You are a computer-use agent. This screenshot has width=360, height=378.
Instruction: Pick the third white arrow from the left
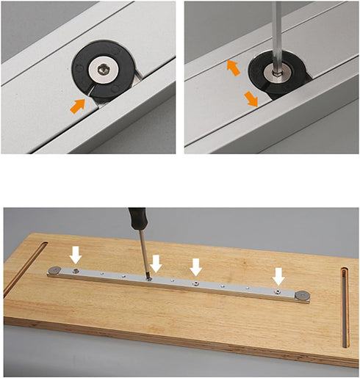[195, 266]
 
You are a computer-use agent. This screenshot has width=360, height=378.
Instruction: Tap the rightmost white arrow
[278, 277]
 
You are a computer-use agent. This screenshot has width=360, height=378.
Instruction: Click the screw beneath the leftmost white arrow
[76, 271]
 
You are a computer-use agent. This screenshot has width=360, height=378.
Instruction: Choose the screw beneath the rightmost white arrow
[276, 291]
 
